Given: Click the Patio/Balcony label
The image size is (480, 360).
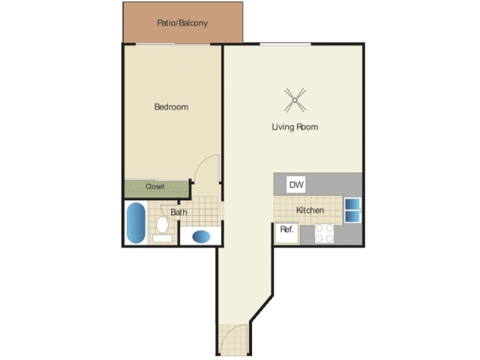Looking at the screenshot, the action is click(x=182, y=23).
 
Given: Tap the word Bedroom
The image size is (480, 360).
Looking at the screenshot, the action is click(x=171, y=106).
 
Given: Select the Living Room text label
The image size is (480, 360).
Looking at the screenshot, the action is click(x=295, y=127).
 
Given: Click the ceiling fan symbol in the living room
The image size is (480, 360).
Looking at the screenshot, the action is click(x=295, y=100).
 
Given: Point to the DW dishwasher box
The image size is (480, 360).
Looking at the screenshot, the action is click(x=295, y=184).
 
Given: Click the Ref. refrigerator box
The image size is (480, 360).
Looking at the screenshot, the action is click(x=286, y=232).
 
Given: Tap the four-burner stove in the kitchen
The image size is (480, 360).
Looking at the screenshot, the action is click(x=324, y=233).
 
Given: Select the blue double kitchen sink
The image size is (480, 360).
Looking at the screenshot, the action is click(x=352, y=210).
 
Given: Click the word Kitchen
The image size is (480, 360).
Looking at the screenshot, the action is click(x=310, y=210).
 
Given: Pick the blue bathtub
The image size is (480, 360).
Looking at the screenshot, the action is click(x=136, y=223).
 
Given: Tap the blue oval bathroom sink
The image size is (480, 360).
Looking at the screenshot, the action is click(x=201, y=236).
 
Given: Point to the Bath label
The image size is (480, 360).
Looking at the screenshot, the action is click(x=178, y=212).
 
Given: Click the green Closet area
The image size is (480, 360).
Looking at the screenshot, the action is click(x=156, y=190).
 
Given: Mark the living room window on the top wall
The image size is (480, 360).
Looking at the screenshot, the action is click(x=285, y=45).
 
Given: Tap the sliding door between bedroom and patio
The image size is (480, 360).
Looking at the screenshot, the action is click(x=173, y=45).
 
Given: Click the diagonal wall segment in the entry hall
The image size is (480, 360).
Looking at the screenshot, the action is click(x=262, y=308).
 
